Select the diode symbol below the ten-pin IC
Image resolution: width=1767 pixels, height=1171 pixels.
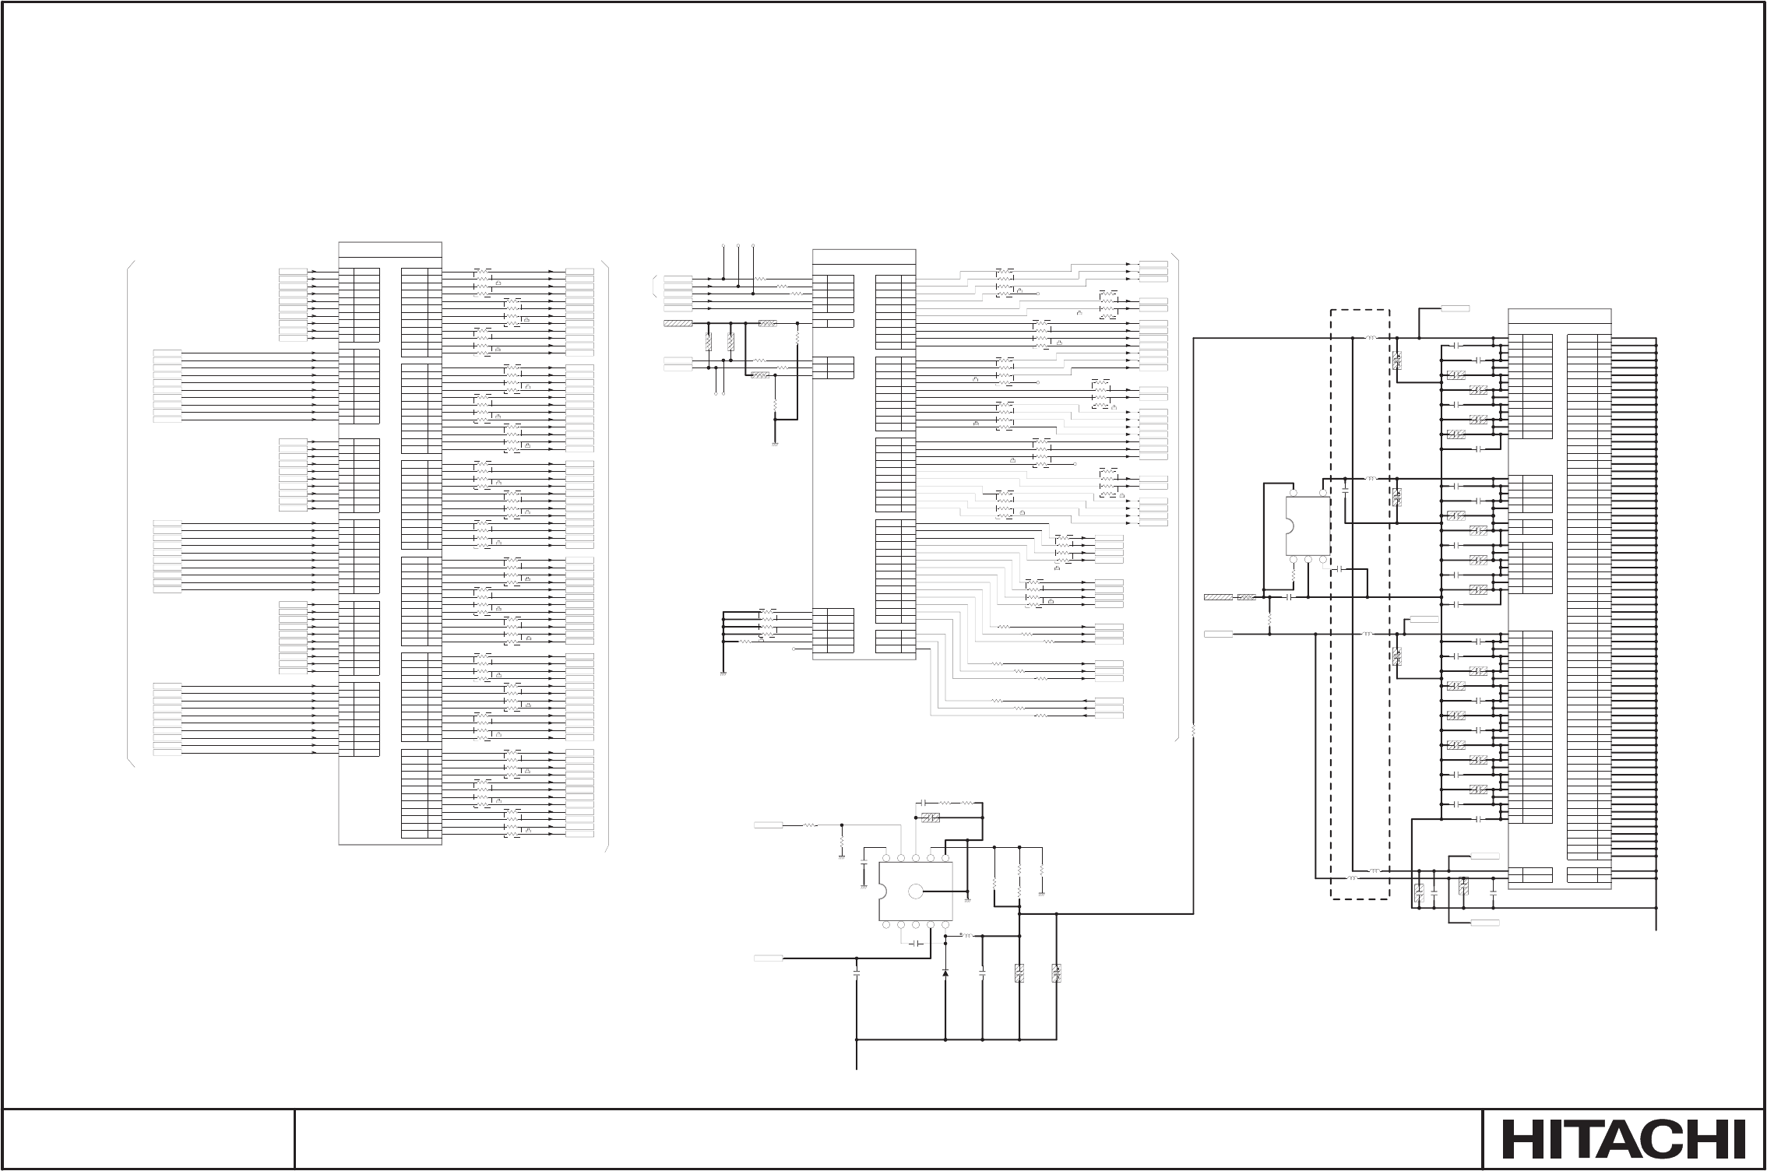pos(945,972)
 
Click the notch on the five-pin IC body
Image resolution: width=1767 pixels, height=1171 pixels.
pos(1287,526)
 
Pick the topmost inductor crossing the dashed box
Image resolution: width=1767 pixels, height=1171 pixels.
pos(1371,338)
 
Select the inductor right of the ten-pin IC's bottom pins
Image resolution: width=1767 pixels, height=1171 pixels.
pos(968,936)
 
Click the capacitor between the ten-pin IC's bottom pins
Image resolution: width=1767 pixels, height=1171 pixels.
pos(917,943)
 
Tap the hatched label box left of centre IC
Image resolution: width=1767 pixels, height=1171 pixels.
pos(678,323)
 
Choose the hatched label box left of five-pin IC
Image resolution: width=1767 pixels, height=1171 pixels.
pos(1218,597)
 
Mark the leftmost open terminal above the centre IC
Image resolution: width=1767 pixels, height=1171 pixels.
pos(724,246)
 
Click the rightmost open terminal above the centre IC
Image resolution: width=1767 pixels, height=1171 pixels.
pos(753,246)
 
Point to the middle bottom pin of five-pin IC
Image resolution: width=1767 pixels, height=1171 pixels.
pos(1308,559)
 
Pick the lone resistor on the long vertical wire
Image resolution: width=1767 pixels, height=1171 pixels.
pos(1193,730)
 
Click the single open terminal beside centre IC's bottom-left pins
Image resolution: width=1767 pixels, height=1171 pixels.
pos(794,648)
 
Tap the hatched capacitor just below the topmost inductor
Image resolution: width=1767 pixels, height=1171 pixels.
pos(1396,360)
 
